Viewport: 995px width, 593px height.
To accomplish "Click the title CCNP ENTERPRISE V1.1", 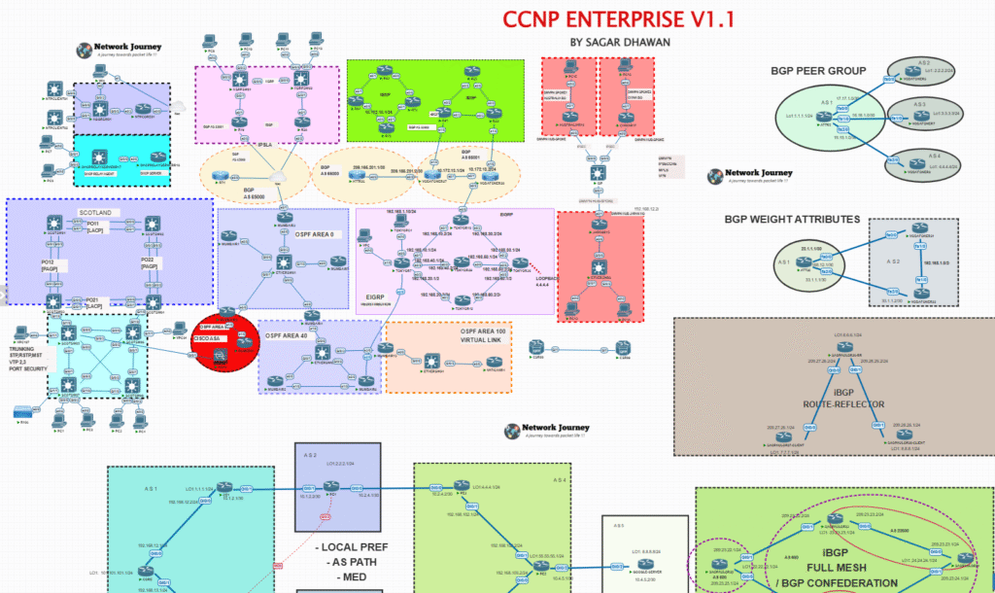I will click(x=618, y=19).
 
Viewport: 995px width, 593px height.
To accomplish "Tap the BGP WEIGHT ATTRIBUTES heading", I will click(x=792, y=220).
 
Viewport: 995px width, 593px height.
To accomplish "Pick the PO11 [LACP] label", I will click(x=93, y=227).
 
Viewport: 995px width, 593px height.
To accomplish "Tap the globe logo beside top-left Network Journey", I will click(x=86, y=49).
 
